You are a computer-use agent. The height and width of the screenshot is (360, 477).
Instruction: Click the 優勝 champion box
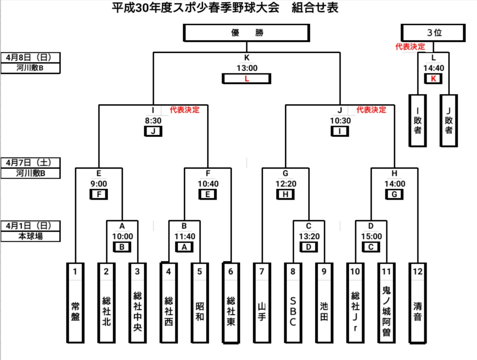246,33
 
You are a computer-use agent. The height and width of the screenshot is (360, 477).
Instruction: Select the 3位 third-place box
433,33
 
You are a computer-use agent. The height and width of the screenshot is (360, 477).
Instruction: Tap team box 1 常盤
75,303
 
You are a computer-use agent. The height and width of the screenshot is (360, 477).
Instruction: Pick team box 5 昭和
199,303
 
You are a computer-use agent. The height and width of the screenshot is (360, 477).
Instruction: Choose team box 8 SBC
293,303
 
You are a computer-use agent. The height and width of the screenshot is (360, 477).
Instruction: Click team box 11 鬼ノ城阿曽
386,303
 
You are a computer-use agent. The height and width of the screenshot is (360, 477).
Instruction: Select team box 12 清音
417,303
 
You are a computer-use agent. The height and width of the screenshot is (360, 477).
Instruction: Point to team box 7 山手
262,303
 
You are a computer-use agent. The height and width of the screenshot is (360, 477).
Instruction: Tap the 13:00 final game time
247,68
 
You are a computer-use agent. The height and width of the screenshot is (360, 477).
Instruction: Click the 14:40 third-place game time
433,68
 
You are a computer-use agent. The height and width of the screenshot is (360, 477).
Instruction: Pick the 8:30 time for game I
153,120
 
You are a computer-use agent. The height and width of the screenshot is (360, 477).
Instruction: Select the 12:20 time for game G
286,184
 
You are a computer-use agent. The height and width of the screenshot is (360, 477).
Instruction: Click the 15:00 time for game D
371,236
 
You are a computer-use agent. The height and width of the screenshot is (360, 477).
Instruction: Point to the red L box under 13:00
246,79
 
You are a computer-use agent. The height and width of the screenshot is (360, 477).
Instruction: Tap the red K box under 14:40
433,79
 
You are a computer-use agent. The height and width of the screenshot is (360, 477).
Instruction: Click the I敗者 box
417,120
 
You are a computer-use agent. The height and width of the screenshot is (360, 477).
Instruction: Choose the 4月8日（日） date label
30,57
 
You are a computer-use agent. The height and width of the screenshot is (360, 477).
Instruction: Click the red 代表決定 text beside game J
371,110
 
